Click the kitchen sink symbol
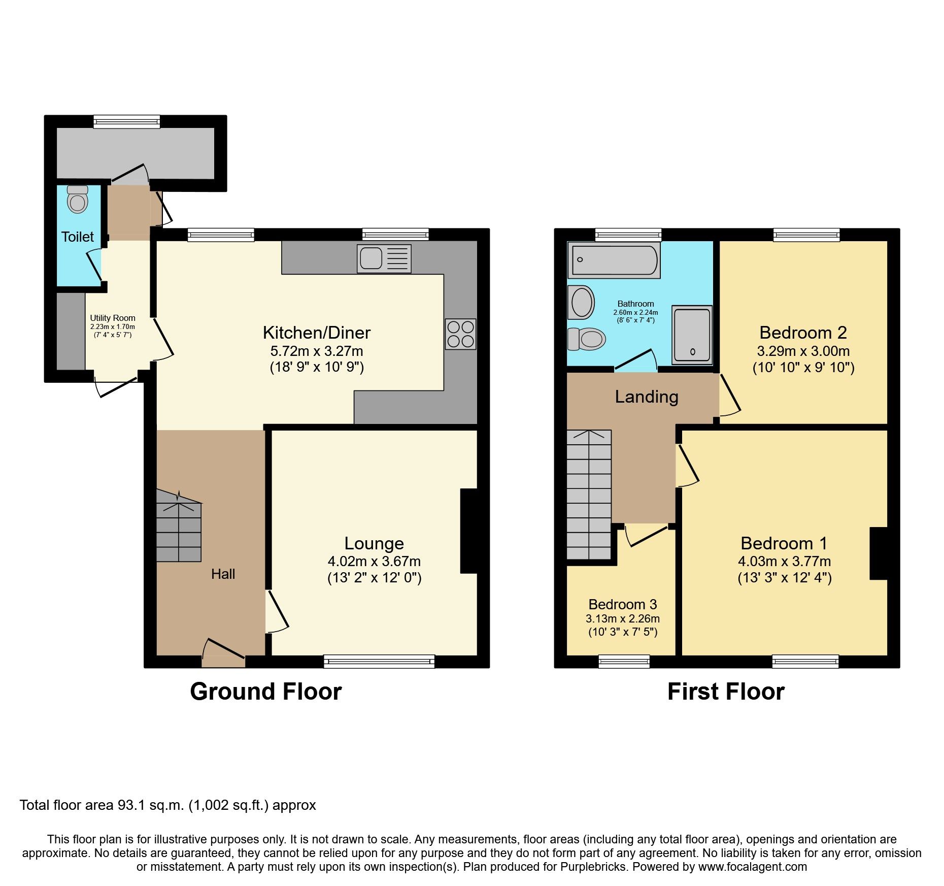[384, 258]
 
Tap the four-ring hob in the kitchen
[461, 334]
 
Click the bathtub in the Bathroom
[614, 260]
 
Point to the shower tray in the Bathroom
[692, 335]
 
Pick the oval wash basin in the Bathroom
[582, 302]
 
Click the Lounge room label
[374, 543]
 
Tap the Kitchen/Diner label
[317, 333]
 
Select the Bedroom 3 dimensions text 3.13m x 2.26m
[623, 618]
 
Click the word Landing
[647, 397]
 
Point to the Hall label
[223, 574]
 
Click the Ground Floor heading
[265, 692]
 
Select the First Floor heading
[726, 692]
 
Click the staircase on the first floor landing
[589, 495]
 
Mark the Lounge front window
[379, 661]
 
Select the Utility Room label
[113, 318]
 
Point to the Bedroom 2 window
[806, 235]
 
